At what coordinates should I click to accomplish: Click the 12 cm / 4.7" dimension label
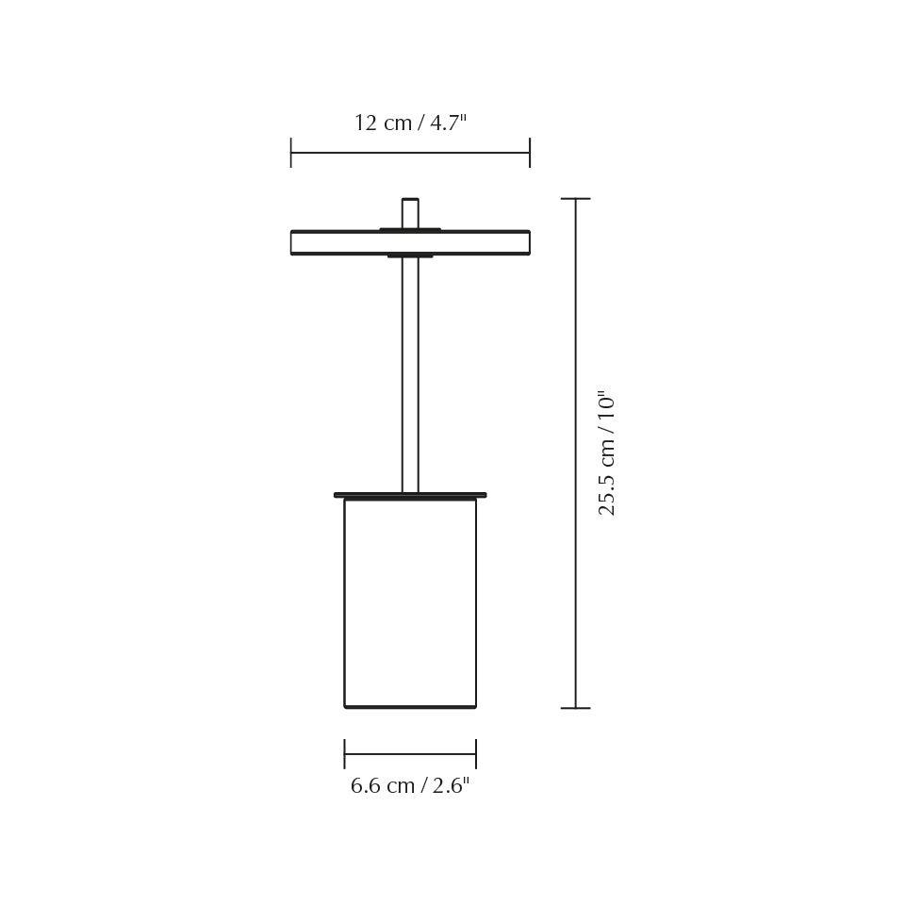[410, 123]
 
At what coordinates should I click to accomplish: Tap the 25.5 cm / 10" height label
[607, 452]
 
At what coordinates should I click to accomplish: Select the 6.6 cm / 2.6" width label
[410, 786]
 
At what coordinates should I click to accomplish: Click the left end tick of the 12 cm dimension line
[291, 153]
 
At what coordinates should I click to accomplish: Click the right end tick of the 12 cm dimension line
[530, 153]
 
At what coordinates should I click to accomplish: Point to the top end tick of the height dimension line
[575, 199]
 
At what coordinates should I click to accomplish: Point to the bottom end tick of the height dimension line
[575, 708]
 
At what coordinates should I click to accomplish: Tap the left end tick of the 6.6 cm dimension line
[345, 754]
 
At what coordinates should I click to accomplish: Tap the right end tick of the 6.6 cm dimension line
[476, 754]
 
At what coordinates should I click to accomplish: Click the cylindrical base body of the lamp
[410, 603]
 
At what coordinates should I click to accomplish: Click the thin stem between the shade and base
[410, 377]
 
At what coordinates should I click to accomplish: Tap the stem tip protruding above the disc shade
[410, 211]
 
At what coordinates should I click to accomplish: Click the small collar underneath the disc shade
[410, 255]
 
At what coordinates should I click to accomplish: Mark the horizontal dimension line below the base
[410, 754]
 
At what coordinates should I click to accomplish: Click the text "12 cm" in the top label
[383, 123]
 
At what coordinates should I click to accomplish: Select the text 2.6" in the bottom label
[451, 786]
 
